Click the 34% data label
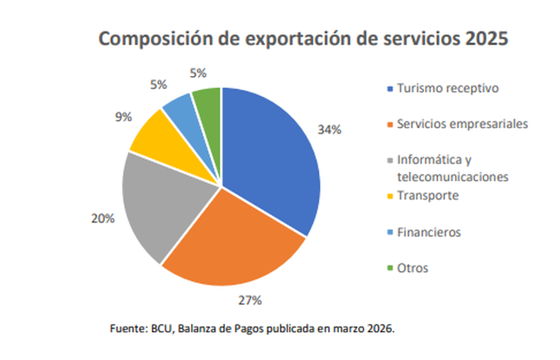click(x=329, y=130)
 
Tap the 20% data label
click(x=102, y=218)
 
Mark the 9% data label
click(x=123, y=117)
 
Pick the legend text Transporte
click(x=427, y=195)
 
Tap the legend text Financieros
click(x=429, y=231)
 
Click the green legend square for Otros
click(x=390, y=268)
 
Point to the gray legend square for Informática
click(x=390, y=160)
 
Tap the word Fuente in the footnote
click(x=127, y=329)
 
